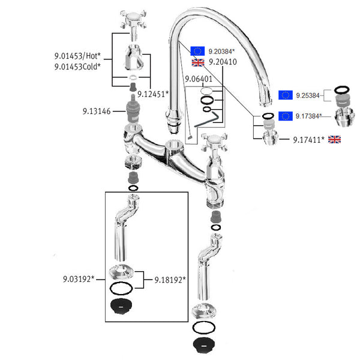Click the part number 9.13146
coord(96,111)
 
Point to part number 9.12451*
coord(153,94)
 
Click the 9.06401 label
coord(198,79)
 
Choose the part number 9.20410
coord(222,62)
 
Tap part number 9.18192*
coord(170,279)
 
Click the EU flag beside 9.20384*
coord(197,51)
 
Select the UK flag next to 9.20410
coord(197,62)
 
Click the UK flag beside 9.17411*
coord(334,140)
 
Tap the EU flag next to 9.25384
coord(286,95)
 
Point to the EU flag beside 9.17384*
coord(286,116)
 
